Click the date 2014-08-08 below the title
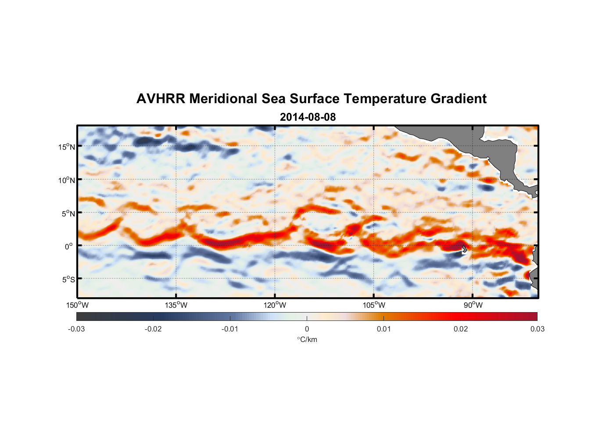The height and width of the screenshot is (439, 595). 308,117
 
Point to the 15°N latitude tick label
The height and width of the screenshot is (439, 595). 67,147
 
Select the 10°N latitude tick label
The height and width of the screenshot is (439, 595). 67,180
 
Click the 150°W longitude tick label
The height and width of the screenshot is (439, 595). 78,305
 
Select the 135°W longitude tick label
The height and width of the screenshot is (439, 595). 176,305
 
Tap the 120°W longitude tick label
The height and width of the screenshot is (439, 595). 275,305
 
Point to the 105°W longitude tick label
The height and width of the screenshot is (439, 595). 374,305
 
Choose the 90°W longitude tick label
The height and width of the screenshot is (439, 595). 473,305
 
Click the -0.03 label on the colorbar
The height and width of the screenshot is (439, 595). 76,329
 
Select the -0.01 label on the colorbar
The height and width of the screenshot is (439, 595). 230,329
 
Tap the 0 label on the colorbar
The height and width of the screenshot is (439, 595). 307,329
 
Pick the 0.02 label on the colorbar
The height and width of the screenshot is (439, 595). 461,329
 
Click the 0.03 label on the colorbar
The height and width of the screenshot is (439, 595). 537,329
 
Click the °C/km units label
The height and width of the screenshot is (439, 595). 307,339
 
